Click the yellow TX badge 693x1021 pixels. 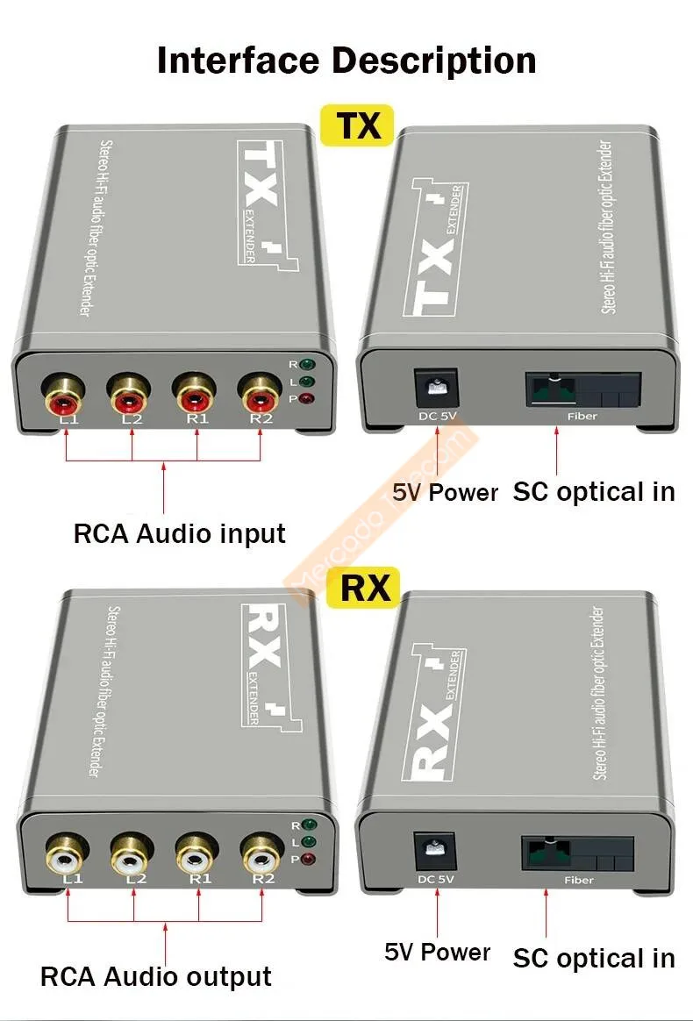[358, 125]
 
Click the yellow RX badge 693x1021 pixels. [363, 586]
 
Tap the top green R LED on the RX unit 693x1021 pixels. [307, 825]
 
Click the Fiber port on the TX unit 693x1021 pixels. [582, 387]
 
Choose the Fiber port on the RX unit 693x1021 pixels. [577, 852]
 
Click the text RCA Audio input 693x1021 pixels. [179, 533]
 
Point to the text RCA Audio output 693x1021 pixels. [156, 976]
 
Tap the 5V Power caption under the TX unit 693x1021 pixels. [445, 492]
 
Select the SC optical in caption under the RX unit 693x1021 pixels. [594, 958]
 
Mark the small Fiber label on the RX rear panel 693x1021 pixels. [579, 880]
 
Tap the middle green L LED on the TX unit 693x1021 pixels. [307, 382]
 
